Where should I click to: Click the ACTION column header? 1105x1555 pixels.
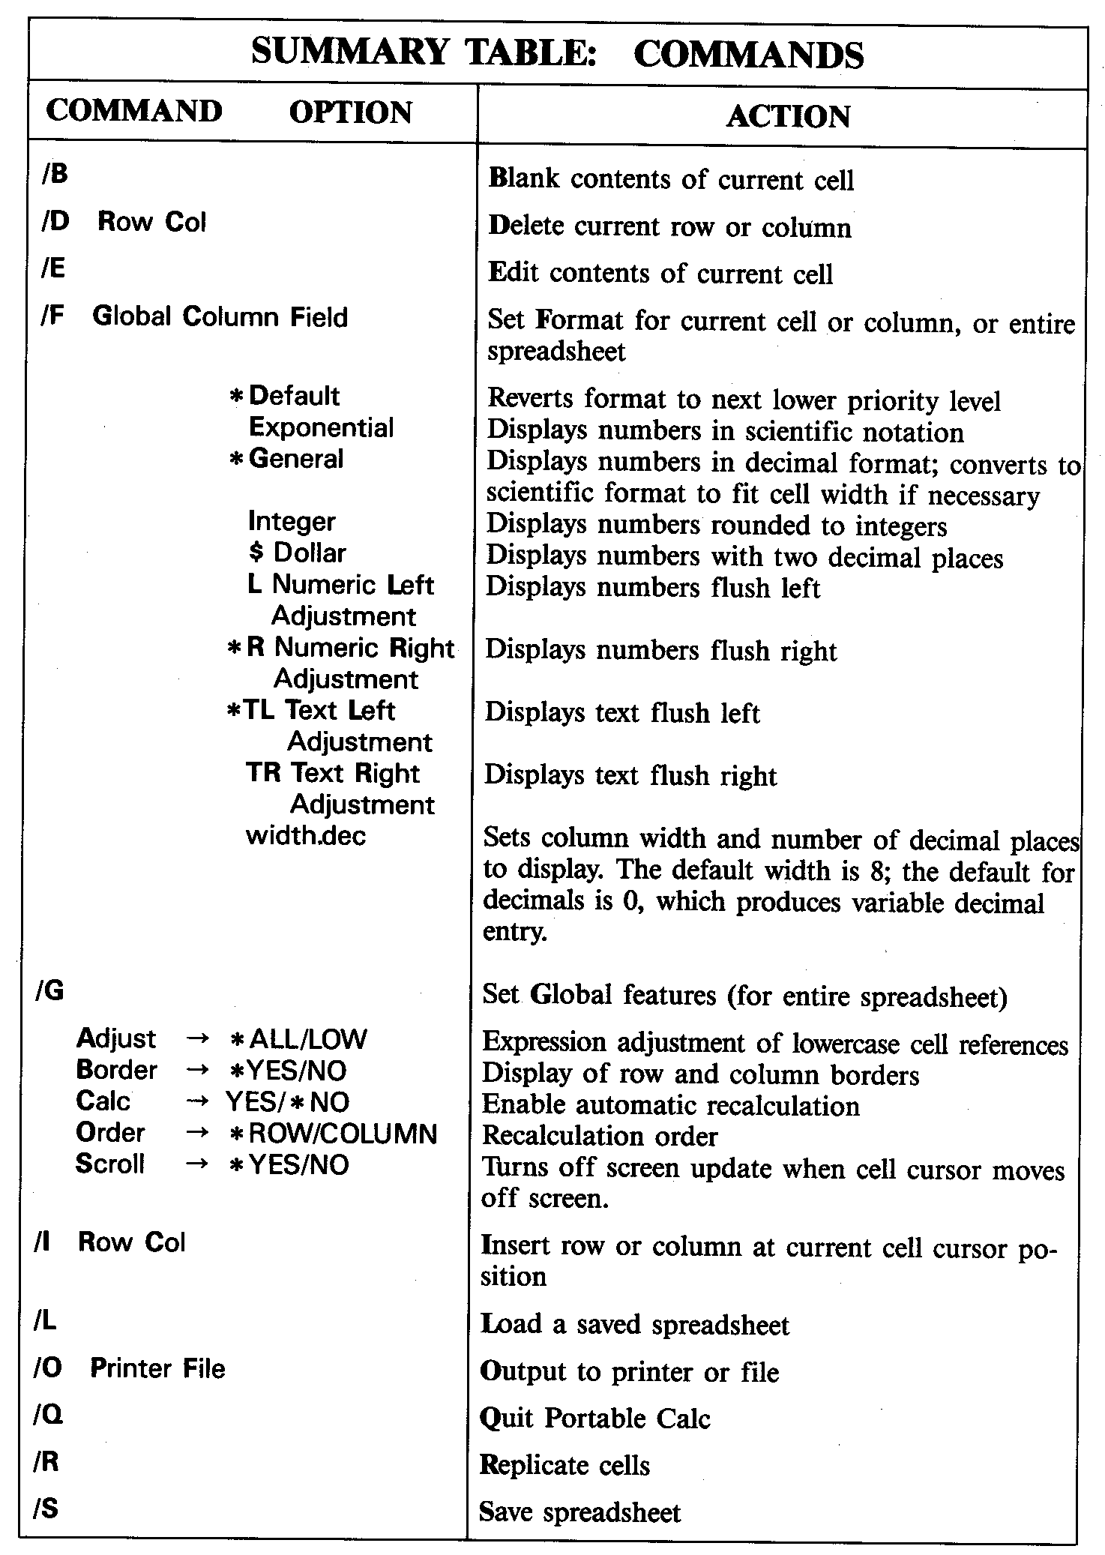[x=788, y=116]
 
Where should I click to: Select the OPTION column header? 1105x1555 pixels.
[x=350, y=112]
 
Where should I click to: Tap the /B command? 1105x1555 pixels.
[x=55, y=174]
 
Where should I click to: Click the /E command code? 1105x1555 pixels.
[x=53, y=268]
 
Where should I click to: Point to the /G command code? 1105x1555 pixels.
[x=49, y=991]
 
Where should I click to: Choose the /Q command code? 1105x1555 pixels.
[x=47, y=1413]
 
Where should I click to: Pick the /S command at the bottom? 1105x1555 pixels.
[x=46, y=1508]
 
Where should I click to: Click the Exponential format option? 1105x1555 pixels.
[x=321, y=427]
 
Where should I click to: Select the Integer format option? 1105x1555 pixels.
[x=292, y=521]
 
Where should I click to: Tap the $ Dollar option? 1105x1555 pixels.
[x=297, y=553]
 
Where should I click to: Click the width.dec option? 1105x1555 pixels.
[x=306, y=835]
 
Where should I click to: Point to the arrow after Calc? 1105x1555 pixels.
[x=196, y=1101]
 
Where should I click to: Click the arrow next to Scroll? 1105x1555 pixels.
[x=196, y=1164]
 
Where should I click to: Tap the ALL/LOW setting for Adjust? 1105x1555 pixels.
[x=307, y=1039]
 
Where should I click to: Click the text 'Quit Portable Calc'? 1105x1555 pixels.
[x=594, y=1418]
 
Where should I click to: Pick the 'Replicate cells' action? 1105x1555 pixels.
[x=564, y=1464]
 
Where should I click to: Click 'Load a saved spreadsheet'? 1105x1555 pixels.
[x=634, y=1324]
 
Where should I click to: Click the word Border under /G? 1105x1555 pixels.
[x=117, y=1070]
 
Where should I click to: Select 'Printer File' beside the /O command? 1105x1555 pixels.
[x=157, y=1368]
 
